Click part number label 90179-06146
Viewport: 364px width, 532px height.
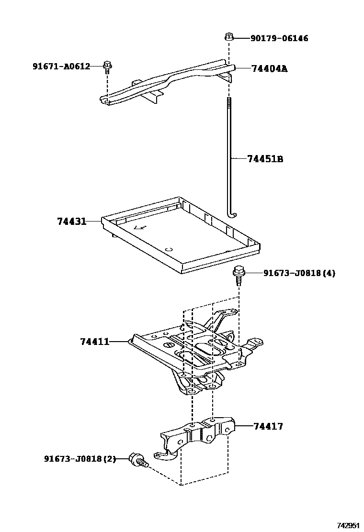point(279,38)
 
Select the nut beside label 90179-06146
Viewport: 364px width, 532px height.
point(229,36)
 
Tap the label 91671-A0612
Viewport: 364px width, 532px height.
point(61,66)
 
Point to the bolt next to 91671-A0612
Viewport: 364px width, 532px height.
point(107,66)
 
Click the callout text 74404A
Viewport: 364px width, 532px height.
point(269,68)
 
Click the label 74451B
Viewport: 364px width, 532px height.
point(265,159)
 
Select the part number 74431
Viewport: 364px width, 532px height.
point(71,222)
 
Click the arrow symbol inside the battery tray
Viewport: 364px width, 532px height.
point(140,228)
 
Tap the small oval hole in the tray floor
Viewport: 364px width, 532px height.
point(168,249)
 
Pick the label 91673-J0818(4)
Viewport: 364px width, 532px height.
point(299,273)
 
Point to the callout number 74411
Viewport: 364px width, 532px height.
point(95,342)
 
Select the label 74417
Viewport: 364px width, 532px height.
point(268,426)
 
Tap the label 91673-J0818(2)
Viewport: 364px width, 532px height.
point(80,459)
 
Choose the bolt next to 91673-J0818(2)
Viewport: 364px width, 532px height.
point(137,460)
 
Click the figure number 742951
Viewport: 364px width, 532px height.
point(348,525)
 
